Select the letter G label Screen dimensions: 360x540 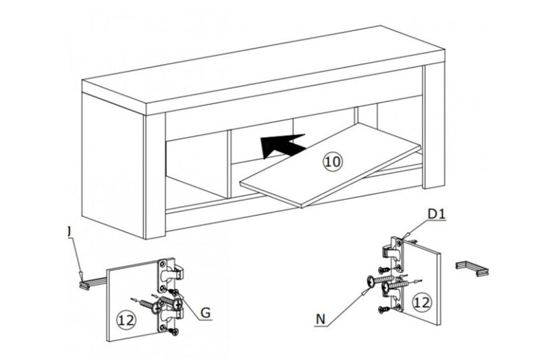206,313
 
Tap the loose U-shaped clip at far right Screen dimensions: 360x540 473,267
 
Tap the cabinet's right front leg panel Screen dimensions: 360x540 433,128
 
